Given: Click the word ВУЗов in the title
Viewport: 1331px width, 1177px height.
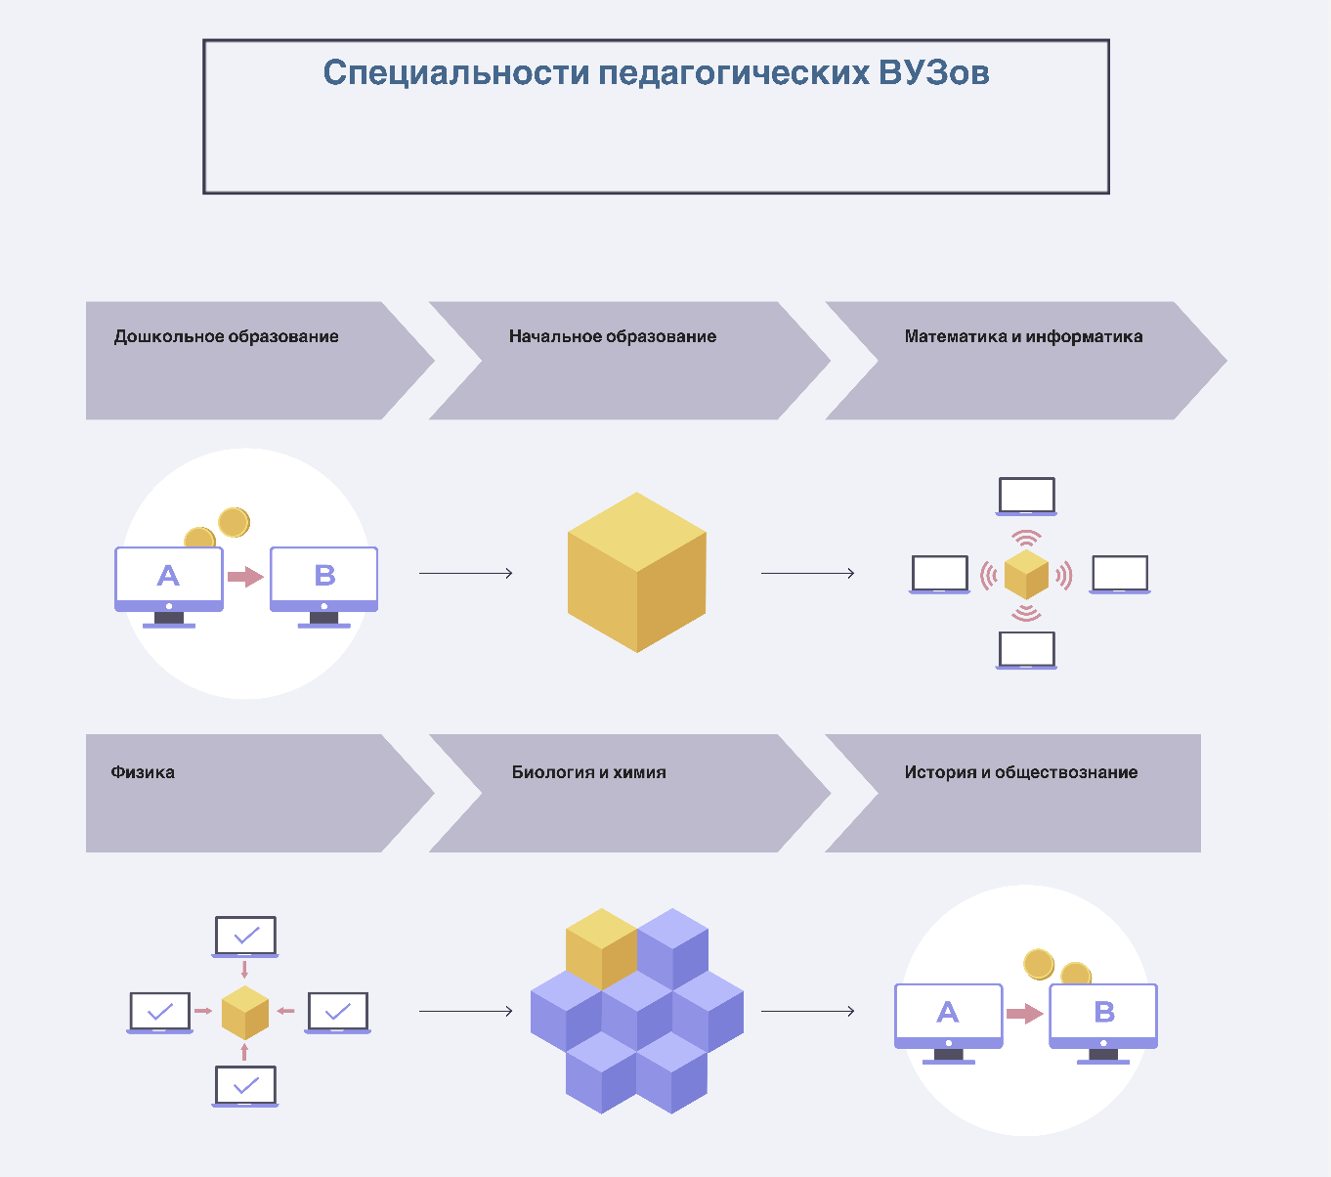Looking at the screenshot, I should pyautogui.click(x=933, y=72).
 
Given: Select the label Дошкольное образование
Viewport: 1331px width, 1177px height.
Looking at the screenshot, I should pyautogui.click(x=226, y=336).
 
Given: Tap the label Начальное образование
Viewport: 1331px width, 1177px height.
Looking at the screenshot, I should pyautogui.click(x=612, y=336).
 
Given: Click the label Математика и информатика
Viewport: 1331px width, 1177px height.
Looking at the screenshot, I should pyautogui.click(x=1023, y=336).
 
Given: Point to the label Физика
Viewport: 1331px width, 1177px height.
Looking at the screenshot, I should pyautogui.click(x=143, y=772).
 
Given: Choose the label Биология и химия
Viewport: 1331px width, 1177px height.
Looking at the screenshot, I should pyautogui.click(x=588, y=772).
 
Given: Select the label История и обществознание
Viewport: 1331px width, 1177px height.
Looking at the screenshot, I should pyautogui.click(x=1020, y=772).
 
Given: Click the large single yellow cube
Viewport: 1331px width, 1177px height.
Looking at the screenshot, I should pyautogui.click(x=636, y=573).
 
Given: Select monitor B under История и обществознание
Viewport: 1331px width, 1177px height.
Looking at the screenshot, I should pyautogui.click(x=1103, y=1016).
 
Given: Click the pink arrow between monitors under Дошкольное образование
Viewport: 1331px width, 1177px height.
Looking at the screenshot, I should pyautogui.click(x=245, y=577).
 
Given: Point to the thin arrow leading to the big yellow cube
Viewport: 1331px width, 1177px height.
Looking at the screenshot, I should pyautogui.click(x=466, y=573).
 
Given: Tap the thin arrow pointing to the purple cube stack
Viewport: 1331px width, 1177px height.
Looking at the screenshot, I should pyautogui.click(x=466, y=1011).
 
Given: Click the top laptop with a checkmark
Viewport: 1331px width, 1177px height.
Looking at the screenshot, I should pyautogui.click(x=246, y=936).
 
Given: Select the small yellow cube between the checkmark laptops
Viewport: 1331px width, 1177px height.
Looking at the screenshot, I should pyautogui.click(x=244, y=1012).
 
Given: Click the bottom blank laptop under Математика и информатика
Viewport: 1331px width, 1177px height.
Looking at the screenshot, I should pyautogui.click(x=1026, y=649).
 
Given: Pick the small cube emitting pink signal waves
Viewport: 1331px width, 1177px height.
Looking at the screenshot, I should pyautogui.click(x=1026, y=574).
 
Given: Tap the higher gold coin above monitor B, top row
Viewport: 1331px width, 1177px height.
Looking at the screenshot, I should pyautogui.click(x=234, y=522).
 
